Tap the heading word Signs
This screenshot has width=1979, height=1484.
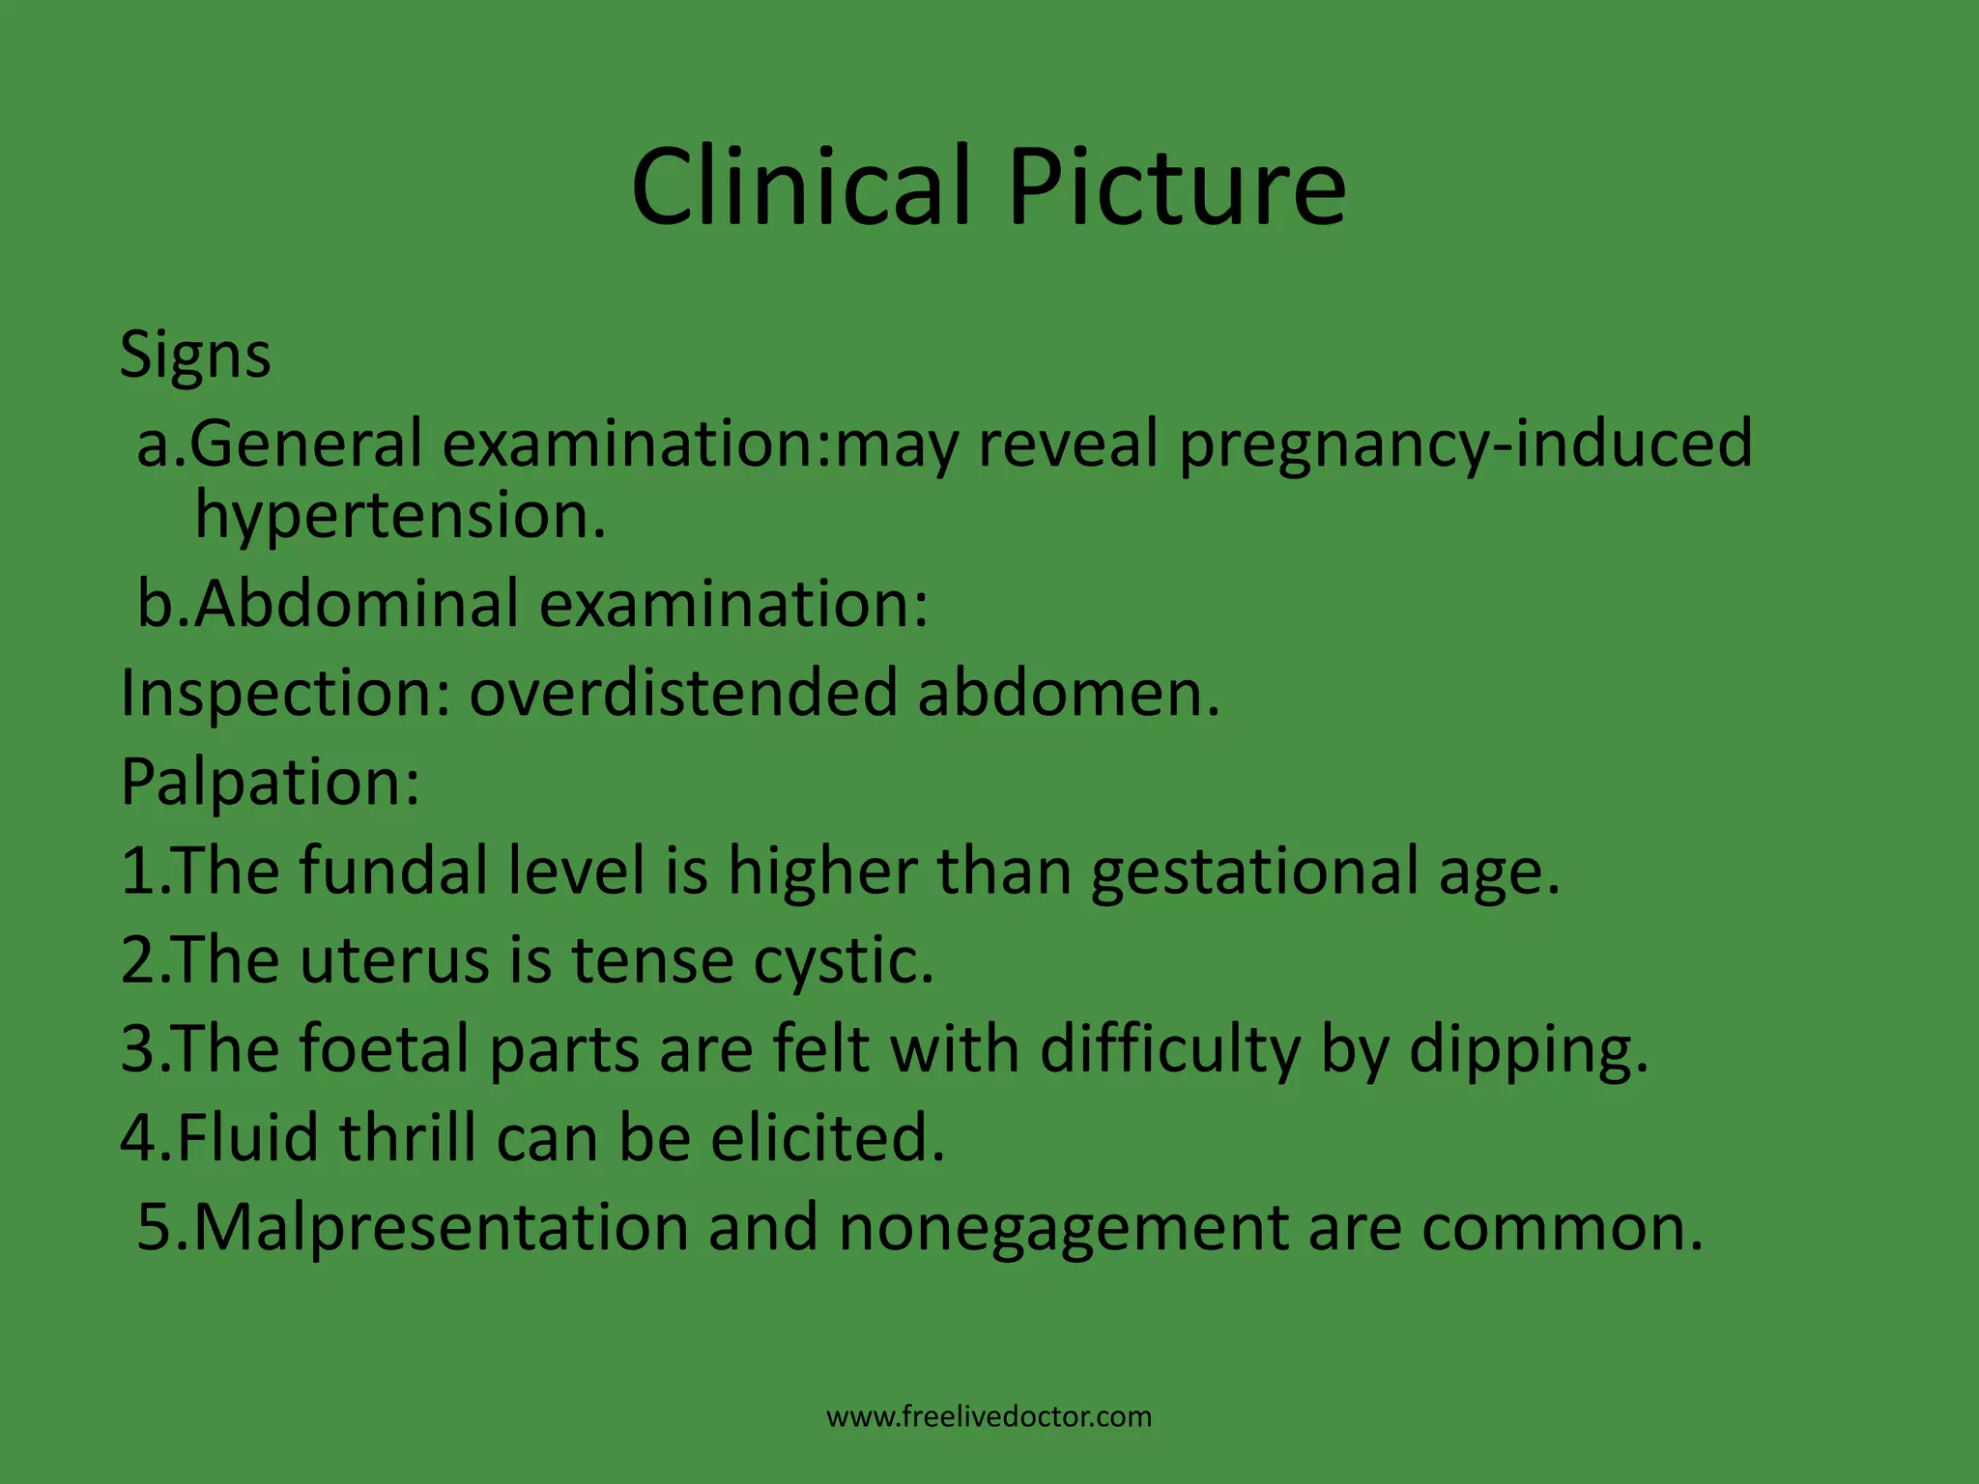195,356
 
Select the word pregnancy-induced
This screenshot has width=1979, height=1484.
1465,444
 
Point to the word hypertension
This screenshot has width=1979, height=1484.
400,516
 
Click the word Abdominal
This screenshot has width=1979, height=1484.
357,604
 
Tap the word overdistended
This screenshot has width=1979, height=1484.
683,694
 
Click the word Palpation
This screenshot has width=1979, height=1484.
270,783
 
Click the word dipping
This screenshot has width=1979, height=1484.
1528,1051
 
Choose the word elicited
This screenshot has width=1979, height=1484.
827,1138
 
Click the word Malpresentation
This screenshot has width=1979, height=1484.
441,1228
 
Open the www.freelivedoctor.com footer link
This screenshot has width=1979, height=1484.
989,1417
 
